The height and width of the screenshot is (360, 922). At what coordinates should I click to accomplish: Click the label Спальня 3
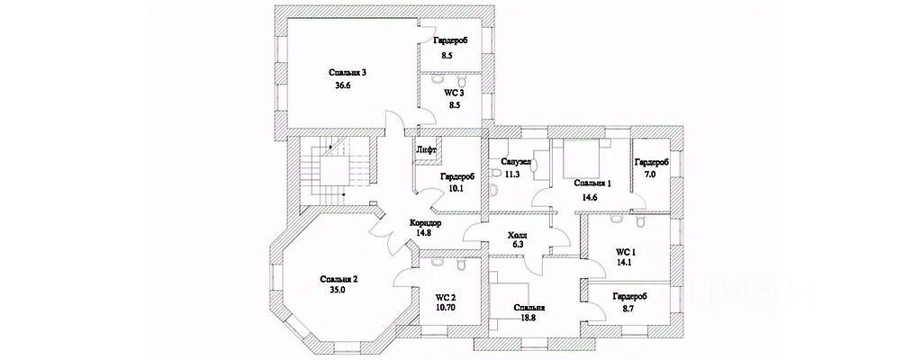(348, 72)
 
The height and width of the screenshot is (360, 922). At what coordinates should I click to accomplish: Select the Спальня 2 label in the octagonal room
(339, 279)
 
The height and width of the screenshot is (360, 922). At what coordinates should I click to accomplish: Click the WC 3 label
(454, 93)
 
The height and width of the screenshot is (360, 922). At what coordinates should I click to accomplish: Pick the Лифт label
(426, 148)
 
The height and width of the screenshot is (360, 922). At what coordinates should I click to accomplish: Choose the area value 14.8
(424, 232)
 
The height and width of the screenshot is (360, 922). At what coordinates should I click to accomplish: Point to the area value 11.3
(512, 175)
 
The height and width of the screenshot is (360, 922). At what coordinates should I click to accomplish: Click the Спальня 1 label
(592, 184)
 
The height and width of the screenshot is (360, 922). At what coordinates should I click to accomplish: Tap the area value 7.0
(648, 175)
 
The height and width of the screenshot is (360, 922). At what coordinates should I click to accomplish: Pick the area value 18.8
(529, 318)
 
